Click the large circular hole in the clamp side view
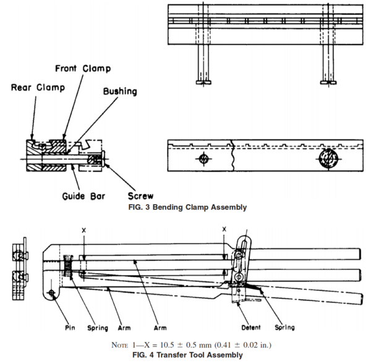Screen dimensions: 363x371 tap(327, 158)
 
